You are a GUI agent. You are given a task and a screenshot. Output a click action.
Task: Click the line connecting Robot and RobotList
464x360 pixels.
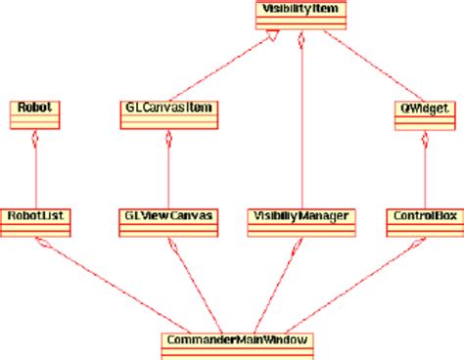coord(35,171)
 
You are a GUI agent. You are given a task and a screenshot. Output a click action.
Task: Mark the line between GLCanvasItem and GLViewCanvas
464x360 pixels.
coord(169,171)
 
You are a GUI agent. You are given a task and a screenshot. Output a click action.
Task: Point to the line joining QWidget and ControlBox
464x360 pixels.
coord(425,171)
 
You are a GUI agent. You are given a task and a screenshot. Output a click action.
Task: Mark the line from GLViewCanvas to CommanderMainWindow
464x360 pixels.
coord(201,284)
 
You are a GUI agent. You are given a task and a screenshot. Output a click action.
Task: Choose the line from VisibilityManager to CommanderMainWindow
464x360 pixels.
coord(274,284)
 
